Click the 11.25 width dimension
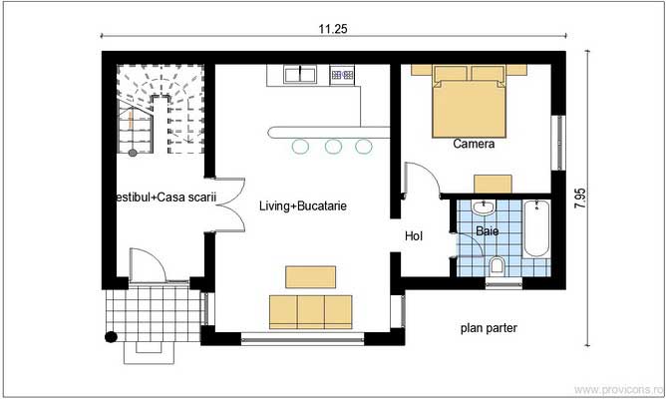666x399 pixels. coord(333,30)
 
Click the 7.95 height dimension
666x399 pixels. coord(580,197)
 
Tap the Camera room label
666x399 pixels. coord(474,144)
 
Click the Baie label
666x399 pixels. coord(487,230)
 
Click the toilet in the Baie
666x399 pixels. coord(497,265)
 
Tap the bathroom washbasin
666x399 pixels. coord(484,207)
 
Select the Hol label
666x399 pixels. coord(414,236)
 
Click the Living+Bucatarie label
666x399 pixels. coord(302,206)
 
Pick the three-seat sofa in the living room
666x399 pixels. coord(310,311)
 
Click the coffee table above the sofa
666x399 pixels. coord(310,276)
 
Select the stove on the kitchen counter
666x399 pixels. coord(342,74)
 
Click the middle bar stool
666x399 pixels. coord(333,147)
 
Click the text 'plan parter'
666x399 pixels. coord(489,327)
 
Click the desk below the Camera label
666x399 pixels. coord(493,183)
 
